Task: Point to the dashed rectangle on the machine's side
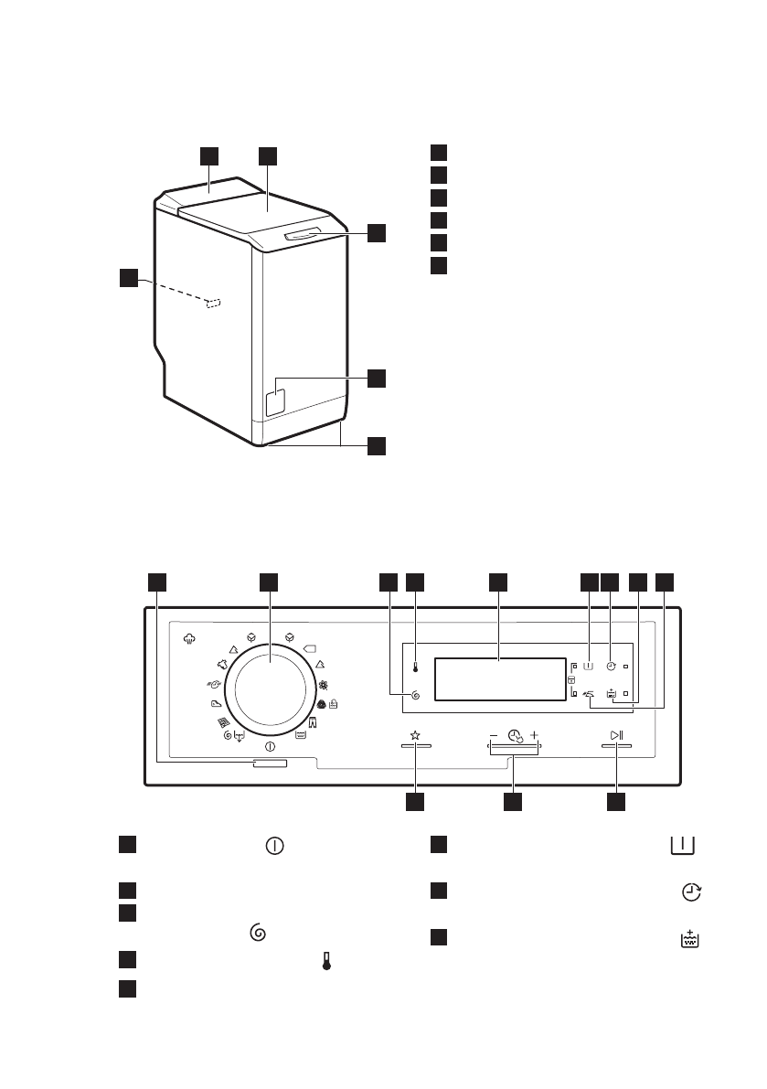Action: coord(214,303)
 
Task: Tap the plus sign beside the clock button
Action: coord(534,734)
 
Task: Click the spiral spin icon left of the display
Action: coord(415,696)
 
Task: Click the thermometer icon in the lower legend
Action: coord(325,959)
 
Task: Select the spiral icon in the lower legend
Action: coord(256,933)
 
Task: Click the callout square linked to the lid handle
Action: coord(377,232)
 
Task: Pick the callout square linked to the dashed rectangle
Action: coord(129,276)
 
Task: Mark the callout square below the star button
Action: coord(415,803)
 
